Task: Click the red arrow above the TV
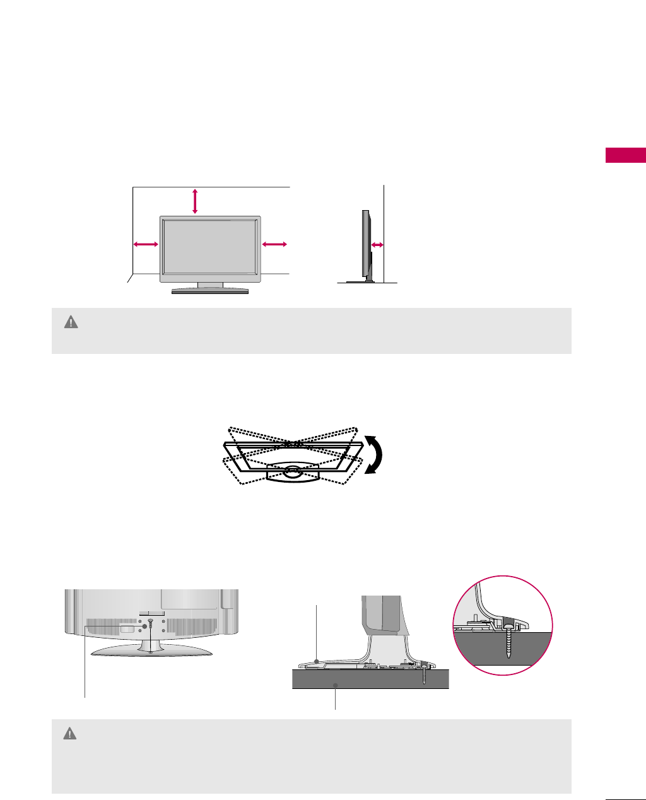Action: pos(195,201)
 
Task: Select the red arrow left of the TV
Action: pos(145,244)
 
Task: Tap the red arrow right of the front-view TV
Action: pos(274,244)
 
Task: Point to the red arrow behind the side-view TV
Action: pos(377,245)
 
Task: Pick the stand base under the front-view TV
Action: pos(210,291)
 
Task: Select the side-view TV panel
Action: pos(365,244)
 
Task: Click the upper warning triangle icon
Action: pos(71,322)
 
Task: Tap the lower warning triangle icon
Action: pos(70,734)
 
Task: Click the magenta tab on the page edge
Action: pos(625,155)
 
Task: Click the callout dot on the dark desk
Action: pos(336,685)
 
